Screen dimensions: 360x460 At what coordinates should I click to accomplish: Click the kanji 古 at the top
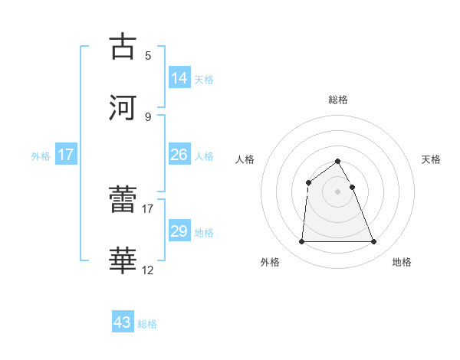(123, 47)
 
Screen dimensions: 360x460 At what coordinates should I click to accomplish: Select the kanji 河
(123, 106)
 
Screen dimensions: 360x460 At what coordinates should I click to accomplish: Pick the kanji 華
(123, 261)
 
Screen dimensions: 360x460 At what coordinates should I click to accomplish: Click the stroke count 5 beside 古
(147, 56)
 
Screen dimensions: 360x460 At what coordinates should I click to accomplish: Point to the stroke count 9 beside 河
(147, 116)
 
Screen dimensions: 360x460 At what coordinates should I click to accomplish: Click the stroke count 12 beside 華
(148, 270)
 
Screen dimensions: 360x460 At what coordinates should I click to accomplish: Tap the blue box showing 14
(179, 77)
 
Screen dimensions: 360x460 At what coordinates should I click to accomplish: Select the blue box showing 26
(179, 155)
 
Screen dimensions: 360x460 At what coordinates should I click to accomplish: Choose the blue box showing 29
(179, 231)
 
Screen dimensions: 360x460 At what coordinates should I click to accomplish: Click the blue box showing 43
(123, 322)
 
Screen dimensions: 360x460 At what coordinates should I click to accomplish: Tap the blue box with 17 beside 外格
(66, 155)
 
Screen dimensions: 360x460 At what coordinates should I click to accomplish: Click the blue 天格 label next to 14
(204, 79)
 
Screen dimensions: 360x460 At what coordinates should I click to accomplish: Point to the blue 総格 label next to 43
(147, 324)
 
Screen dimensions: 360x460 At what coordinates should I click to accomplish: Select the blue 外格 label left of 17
(41, 156)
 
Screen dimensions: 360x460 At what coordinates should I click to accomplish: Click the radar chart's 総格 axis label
(337, 100)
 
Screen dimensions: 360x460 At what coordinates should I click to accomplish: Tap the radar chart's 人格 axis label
(245, 159)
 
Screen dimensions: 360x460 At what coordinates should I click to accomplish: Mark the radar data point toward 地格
(374, 242)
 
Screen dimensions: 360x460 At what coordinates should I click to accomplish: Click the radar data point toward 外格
(301, 242)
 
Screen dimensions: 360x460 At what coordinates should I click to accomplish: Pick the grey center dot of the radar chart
(337, 191)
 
